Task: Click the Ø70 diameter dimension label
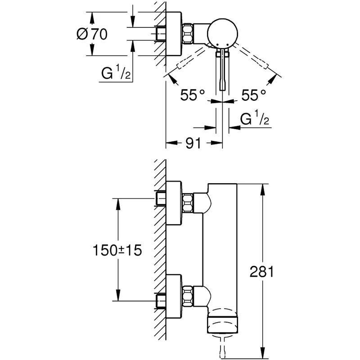click(92, 34)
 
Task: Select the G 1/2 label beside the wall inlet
click(116, 73)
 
